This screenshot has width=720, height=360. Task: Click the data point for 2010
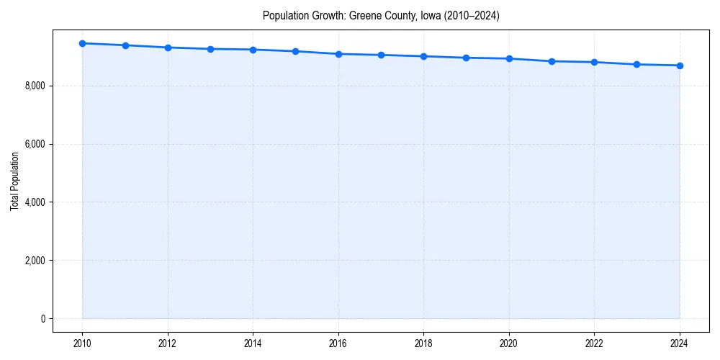82,43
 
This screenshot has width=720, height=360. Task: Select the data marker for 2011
125,45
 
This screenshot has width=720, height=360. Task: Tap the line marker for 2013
210,49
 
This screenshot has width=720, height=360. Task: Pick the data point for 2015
296,51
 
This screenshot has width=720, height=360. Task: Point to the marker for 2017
381,55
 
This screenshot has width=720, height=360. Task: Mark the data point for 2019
467,58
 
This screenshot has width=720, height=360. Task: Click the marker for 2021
552,61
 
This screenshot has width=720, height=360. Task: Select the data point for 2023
636,64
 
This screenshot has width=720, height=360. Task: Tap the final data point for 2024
680,66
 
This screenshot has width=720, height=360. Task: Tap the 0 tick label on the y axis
42,319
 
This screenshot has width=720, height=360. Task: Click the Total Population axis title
14,181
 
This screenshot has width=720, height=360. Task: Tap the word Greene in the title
364,15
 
